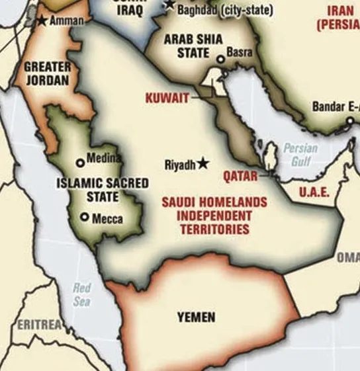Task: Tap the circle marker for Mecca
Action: (85, 216)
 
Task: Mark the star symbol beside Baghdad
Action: (170, 5)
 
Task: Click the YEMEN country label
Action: (196, 317)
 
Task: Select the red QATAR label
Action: (240, 177)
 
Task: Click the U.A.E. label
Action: (315, 192)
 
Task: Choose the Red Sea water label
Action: (82, 295)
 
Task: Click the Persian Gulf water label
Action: (300, 155)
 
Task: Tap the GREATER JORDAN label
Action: (48, 74)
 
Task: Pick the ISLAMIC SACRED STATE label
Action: (102, 190)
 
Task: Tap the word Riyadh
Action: (179, 165)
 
